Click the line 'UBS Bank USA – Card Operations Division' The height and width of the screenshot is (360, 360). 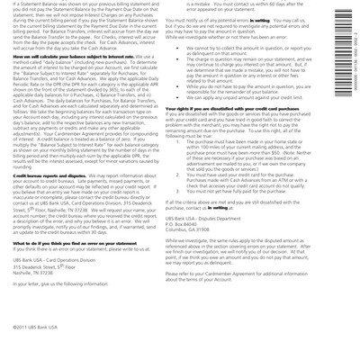point(63,247)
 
